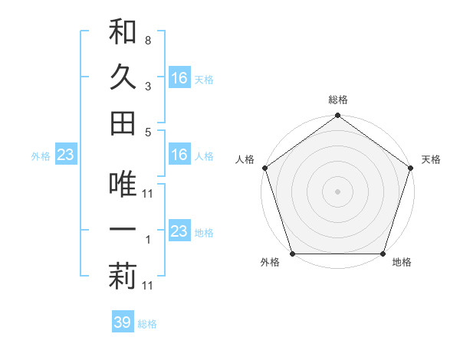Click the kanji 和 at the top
coord(123,31)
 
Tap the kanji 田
coord(123,123)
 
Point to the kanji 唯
coord(123,185)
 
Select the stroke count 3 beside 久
coord(147,87)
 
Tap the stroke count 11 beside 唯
coord(149,194)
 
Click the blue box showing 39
coord(123,322)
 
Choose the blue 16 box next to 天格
coord(179,77)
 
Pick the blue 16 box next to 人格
coord(179,155)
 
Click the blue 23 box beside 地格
coord(179,231)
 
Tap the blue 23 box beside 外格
coord(66,155)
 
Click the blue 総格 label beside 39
coord(147,323)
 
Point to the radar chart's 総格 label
coord(338,100)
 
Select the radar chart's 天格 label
coord(432,159)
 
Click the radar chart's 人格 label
coord(246,159)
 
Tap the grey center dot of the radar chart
coord(338,191)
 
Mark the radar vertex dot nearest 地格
coord(383,254)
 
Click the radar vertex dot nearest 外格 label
coord(292,254)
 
